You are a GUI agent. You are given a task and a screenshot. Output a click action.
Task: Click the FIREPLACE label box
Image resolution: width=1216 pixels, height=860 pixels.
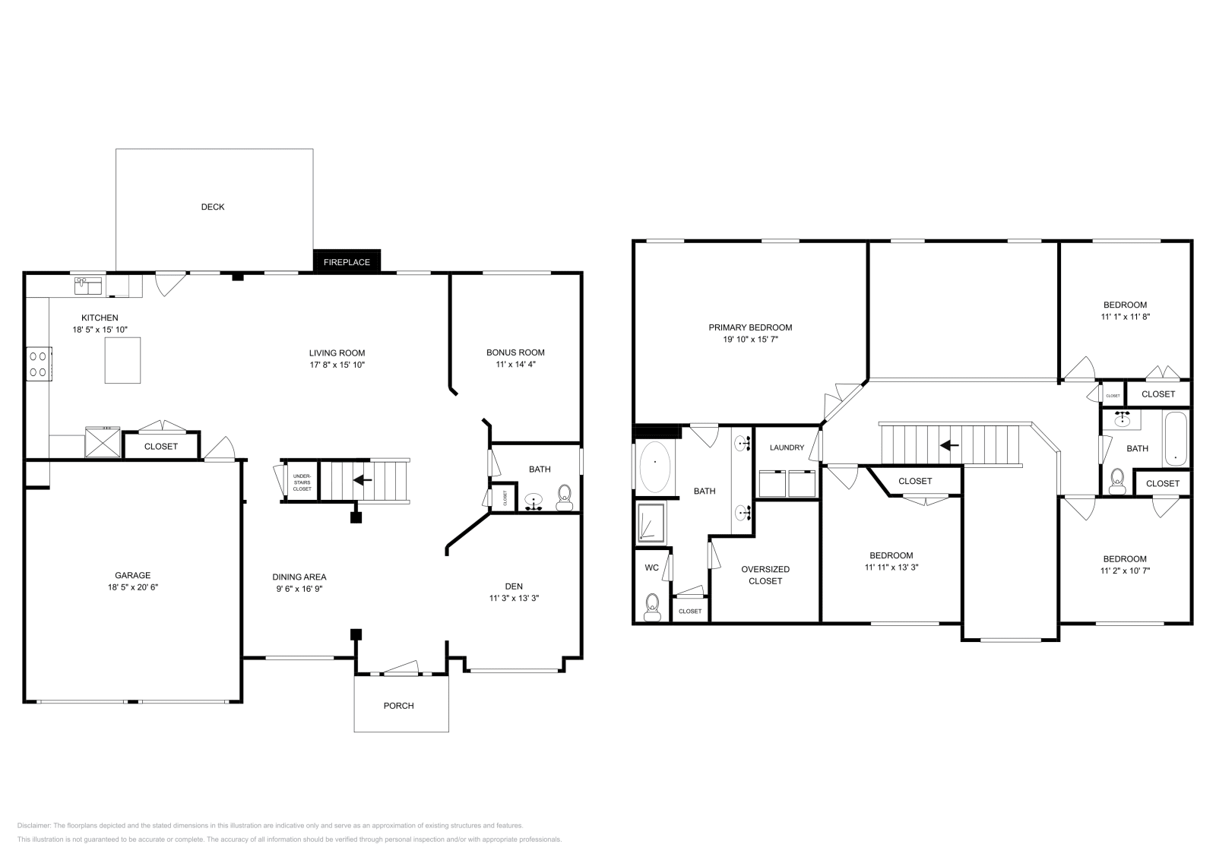click(x=347, y=262)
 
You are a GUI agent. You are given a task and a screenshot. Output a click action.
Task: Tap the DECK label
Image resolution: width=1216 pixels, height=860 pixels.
click(x=213, y=207)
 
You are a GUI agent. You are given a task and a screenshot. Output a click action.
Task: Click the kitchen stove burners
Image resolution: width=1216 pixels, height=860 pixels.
click(x=38, y=363)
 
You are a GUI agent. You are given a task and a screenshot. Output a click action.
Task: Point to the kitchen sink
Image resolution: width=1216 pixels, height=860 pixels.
click(x=89, y=285)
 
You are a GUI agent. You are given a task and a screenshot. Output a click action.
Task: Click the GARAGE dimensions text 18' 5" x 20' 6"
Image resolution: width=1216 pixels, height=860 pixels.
click(x=133, y=587)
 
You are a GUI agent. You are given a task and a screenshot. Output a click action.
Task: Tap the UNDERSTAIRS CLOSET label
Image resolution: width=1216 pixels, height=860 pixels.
click(x=302, y=482)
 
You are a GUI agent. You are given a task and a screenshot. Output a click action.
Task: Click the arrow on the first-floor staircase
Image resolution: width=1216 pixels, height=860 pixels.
click(x=363, y=480)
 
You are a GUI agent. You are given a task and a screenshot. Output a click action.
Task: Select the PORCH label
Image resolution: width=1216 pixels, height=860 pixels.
click(x=398, y=706)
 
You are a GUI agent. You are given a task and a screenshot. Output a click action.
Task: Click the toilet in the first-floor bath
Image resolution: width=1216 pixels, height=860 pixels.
click(x=564, y=499)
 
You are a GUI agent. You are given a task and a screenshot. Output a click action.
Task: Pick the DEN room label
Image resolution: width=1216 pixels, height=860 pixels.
click(x=514, y=586)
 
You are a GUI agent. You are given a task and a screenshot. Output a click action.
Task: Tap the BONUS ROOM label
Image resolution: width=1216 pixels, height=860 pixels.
click(x=515, y=353)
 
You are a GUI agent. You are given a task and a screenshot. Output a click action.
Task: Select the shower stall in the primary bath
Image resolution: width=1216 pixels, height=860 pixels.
click(x=651, y=523)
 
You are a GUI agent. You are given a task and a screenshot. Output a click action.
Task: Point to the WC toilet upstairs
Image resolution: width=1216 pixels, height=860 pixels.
click(x=651, y=605)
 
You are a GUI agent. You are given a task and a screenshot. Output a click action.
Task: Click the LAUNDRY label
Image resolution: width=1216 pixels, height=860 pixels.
click(x=787, y=447)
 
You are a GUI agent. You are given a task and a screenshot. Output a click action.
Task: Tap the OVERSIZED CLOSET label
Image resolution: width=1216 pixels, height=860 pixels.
click(x=765, y=575)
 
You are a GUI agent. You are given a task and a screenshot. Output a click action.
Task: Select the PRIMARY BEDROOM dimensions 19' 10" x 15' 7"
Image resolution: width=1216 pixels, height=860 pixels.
click(x=750, y=340)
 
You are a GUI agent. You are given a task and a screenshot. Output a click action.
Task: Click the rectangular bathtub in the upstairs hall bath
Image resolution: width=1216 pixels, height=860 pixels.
click(x=1175, y=438)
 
